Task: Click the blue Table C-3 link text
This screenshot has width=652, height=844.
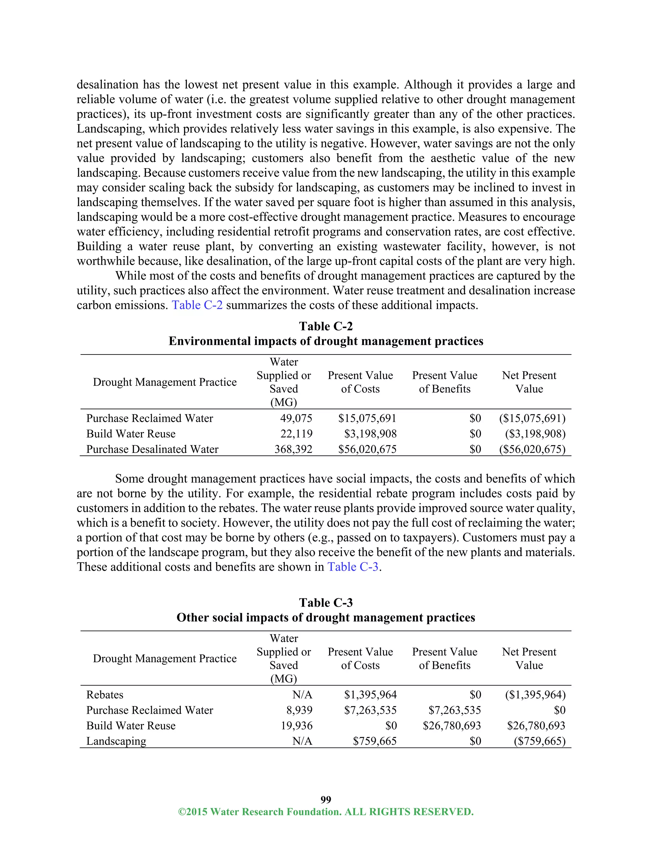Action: pyautogui.click(x=353, y=567)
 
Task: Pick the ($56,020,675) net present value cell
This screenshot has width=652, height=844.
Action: pyautogui.click(x=532, y=449)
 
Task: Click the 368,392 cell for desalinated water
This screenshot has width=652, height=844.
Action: pyautogui.click(x=293, y=449)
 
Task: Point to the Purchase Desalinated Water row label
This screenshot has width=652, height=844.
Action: pyautogui.click(x=152, y=449)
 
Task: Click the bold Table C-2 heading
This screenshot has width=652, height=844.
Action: pyautogui.click(x=326, y=326)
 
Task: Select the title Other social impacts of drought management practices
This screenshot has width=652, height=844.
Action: pyautogui.click(x=326, y=617)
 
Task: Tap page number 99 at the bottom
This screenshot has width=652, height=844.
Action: pyautogui.click(x=326, y=799)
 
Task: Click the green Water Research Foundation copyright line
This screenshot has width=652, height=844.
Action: pyautogui.click(x=326, y=812)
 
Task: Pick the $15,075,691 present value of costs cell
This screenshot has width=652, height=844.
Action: pyautogui.click(x=367, y=418)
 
